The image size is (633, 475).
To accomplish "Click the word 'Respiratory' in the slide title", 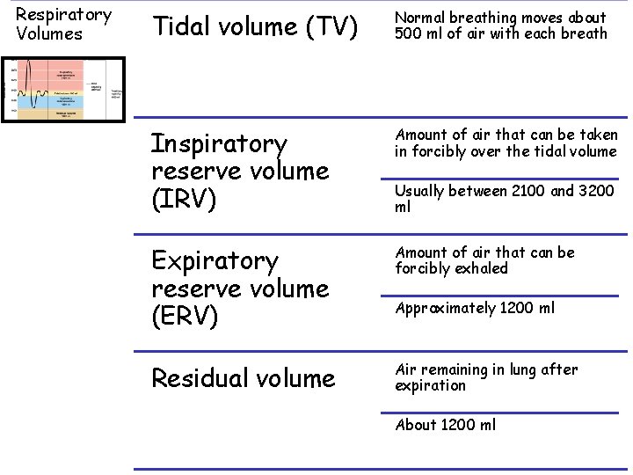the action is [63, 15].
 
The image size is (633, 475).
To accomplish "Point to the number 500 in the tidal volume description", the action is [411, 33].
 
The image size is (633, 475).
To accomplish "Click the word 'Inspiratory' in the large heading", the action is [219, 143].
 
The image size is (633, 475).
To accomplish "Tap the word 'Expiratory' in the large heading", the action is [215, 261].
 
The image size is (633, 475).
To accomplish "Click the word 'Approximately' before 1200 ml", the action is [445, 308].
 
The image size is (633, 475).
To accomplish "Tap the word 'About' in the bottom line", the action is [416, 425].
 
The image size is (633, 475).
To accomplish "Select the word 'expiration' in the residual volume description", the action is [431, 385].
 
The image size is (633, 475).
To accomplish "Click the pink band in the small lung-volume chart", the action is [65, 74].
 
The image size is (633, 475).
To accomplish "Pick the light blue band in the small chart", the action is [65, 101].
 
